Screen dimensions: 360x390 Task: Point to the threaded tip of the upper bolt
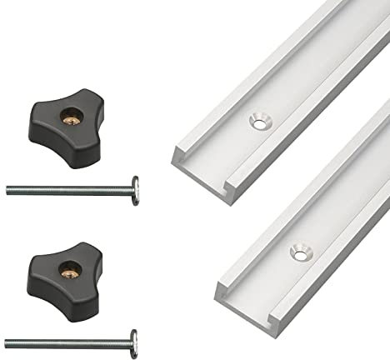click(8, 189)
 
